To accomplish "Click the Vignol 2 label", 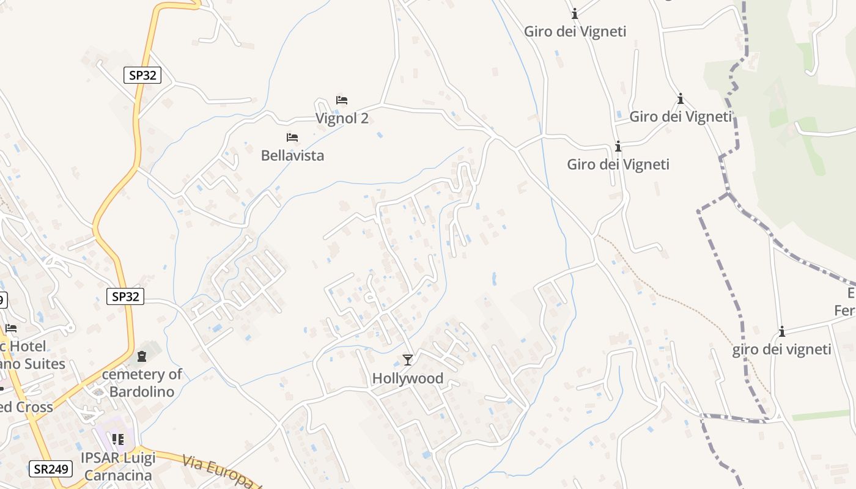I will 342,118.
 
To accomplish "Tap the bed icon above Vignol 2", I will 342,100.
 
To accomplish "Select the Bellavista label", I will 292,155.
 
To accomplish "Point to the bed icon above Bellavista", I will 292,138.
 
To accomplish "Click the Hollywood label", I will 408,378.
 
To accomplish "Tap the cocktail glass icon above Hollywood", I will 408,360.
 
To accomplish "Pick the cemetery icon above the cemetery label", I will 142,356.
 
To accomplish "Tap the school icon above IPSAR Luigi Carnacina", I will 118,439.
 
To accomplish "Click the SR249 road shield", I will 50,469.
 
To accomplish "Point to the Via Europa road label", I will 220,471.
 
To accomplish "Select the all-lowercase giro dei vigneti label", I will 781,349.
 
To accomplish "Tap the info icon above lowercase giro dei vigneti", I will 781,332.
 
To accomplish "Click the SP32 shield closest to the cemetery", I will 125,296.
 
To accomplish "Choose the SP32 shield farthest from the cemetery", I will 142,75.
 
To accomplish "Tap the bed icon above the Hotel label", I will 11,328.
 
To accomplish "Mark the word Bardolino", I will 142,391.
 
